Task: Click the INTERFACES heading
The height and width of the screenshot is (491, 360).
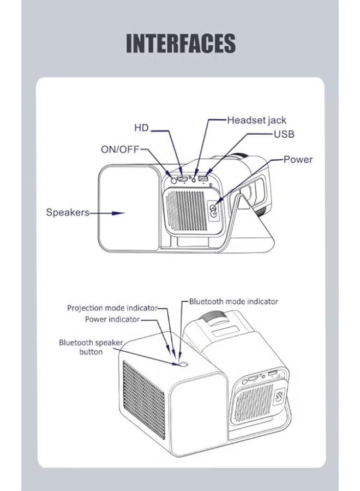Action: (181, 43)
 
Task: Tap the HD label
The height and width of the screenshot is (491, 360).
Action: (141, 128)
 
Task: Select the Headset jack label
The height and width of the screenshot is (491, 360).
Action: (256, 120)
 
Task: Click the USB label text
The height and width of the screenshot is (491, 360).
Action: (284, 134)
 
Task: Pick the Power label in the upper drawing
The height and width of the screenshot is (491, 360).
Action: (298, 159)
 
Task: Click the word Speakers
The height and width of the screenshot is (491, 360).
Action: (68, 213)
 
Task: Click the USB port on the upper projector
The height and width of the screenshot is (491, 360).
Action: (203, 179)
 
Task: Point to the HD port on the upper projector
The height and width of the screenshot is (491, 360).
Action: (183, 179)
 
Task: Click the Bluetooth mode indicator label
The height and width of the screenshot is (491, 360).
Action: (233, 301)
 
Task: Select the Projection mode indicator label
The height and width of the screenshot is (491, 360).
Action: (112, 308)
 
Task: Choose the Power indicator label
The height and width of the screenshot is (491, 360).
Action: (112, 319)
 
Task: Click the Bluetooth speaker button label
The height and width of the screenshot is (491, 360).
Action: (91, 347)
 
